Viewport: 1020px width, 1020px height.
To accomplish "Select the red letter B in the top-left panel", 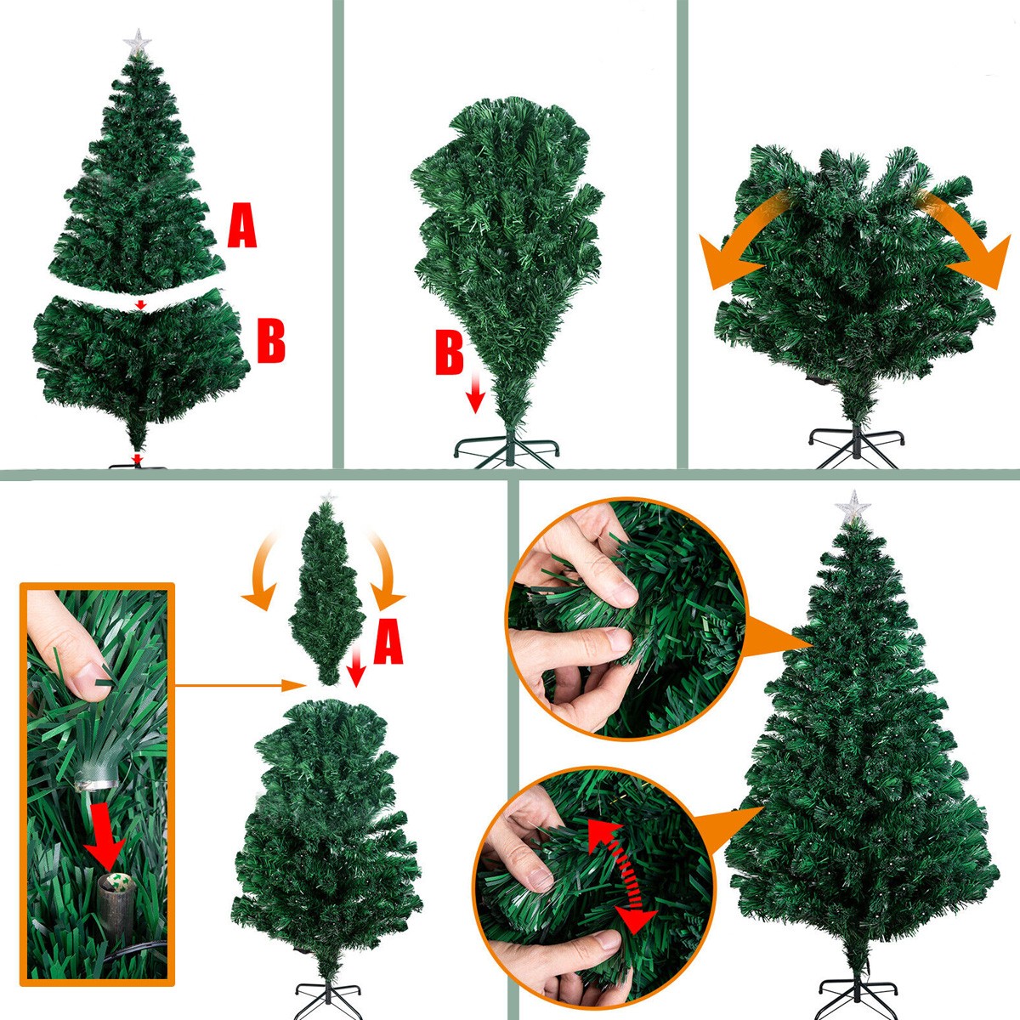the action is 271,340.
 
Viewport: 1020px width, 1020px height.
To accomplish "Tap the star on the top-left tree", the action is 137,42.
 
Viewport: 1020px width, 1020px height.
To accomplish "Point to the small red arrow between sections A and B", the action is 140,304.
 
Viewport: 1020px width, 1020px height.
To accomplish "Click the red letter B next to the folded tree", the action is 450,351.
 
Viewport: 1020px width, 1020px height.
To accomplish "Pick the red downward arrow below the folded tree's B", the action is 476,392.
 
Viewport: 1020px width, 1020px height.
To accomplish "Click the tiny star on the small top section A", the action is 329,497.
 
